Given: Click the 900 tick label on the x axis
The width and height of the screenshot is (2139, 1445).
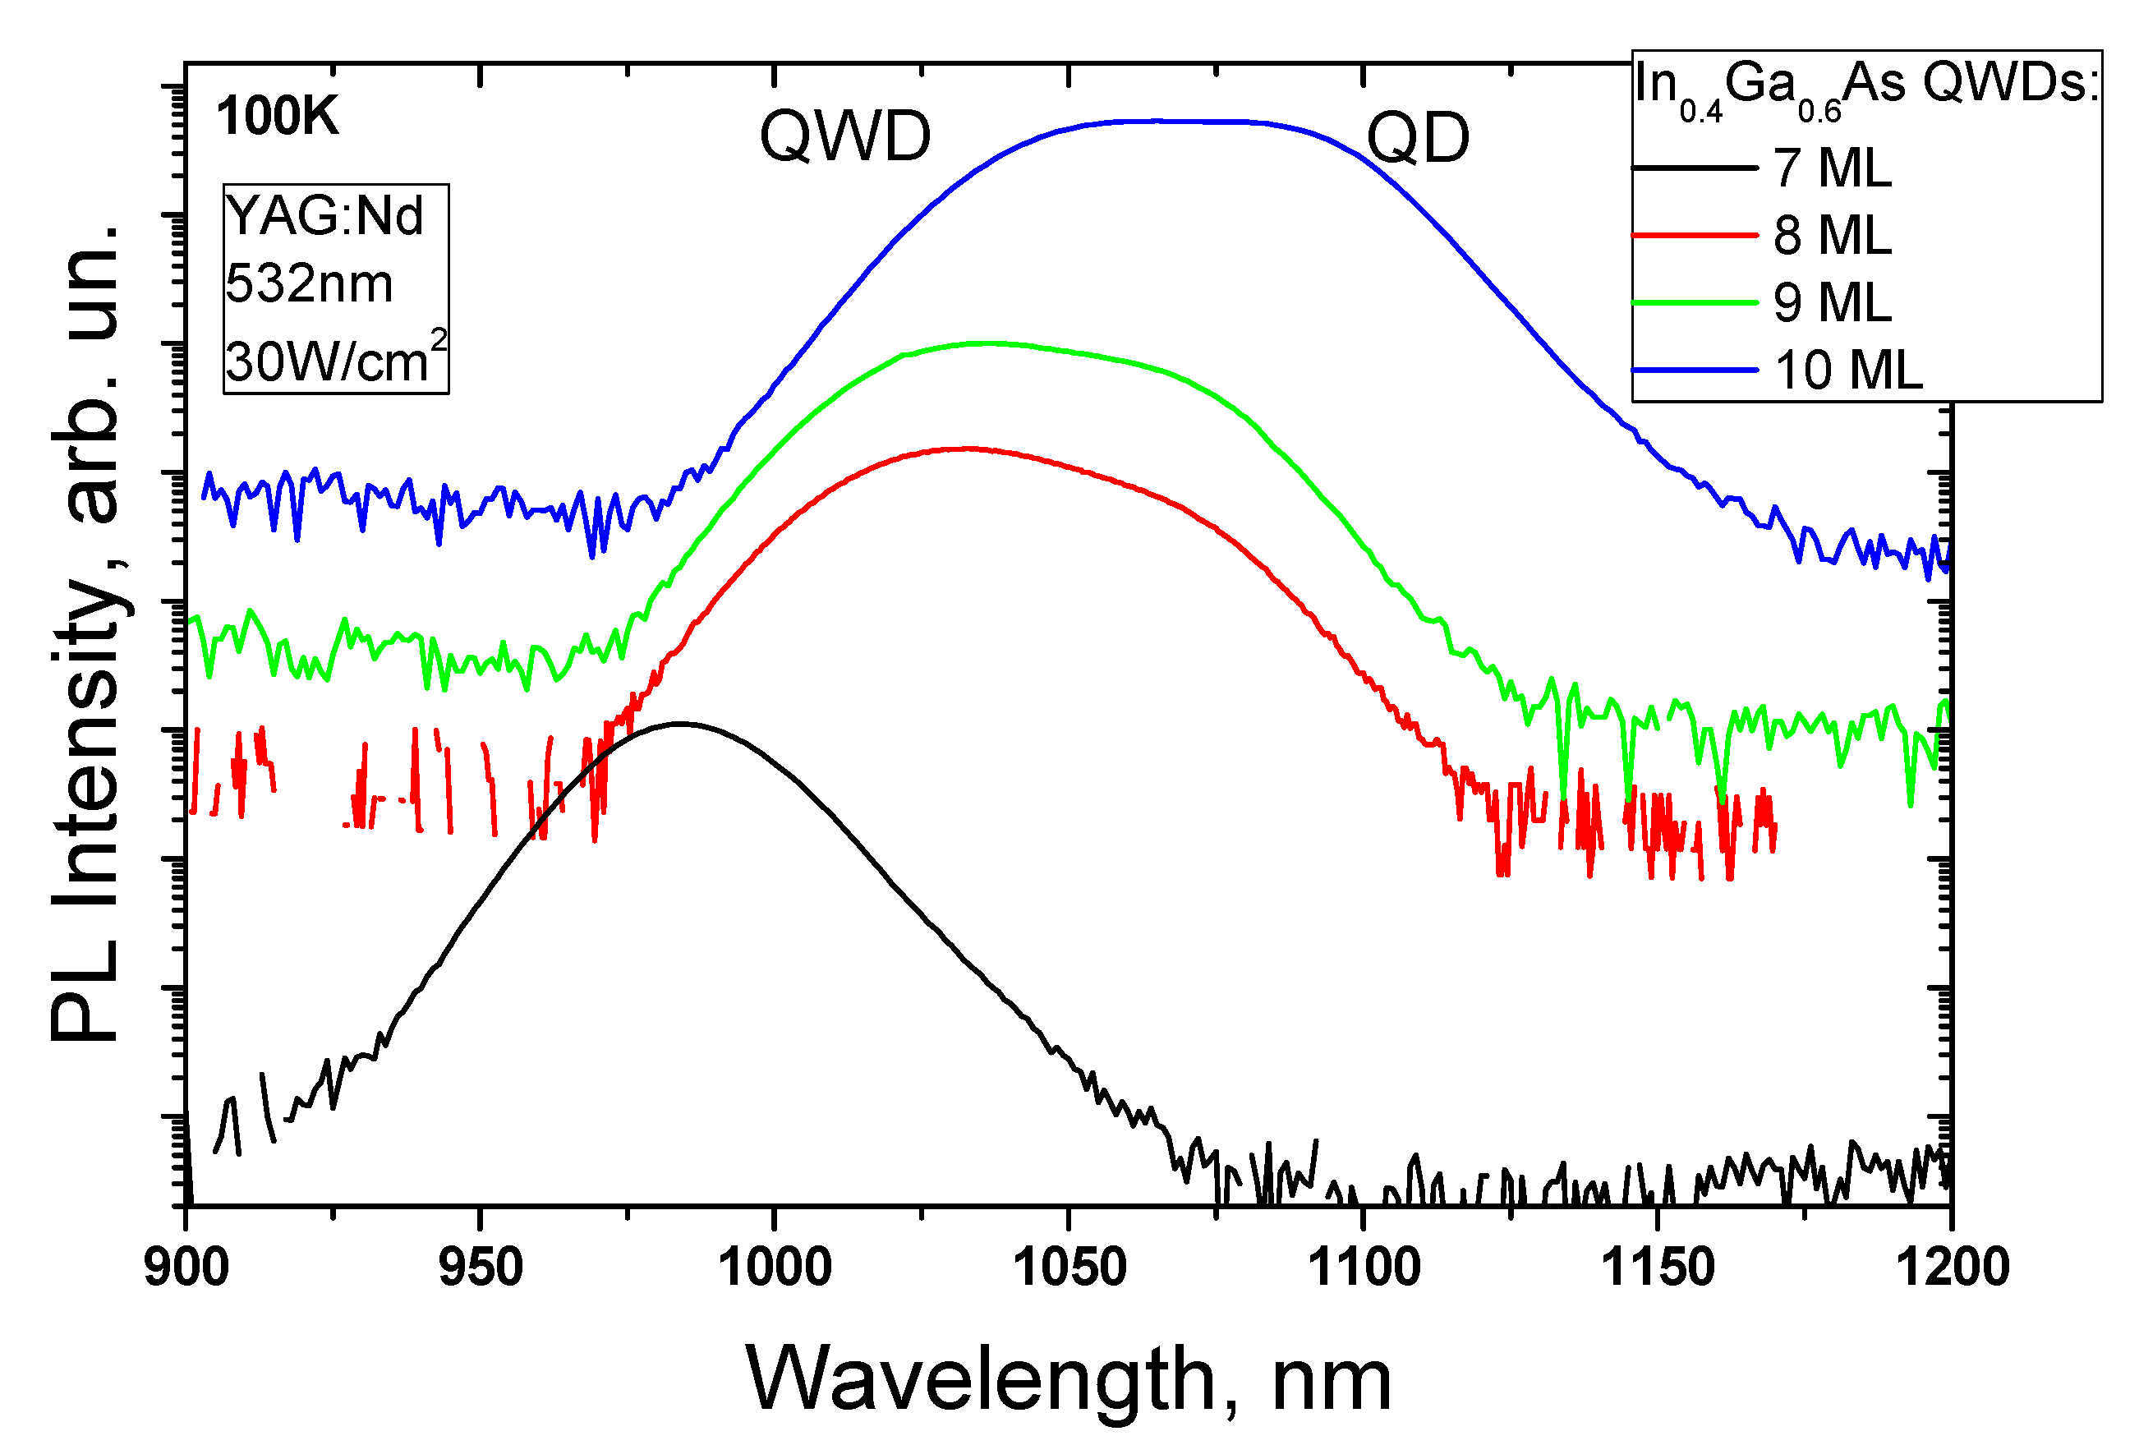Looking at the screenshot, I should point(186,1268).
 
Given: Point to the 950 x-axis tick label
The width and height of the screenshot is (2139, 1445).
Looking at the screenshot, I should point(481,1268).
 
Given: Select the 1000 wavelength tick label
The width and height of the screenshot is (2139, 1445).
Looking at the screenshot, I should point(774,1268).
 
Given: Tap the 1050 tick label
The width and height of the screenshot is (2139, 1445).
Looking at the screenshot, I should point(1069,1268).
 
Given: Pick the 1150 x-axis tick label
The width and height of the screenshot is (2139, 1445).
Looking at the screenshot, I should point(1658,1268).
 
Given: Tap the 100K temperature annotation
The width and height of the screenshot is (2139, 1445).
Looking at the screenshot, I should point(277,117).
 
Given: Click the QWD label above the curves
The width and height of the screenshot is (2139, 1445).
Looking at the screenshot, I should point(845,136).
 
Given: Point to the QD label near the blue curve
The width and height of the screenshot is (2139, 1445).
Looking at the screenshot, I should point(1418,138).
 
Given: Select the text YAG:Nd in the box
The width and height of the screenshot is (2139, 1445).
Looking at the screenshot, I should point(324,216).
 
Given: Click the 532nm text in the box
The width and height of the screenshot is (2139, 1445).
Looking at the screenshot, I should point(308,283).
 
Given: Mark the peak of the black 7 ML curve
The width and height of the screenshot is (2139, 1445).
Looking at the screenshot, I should point(679,724).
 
